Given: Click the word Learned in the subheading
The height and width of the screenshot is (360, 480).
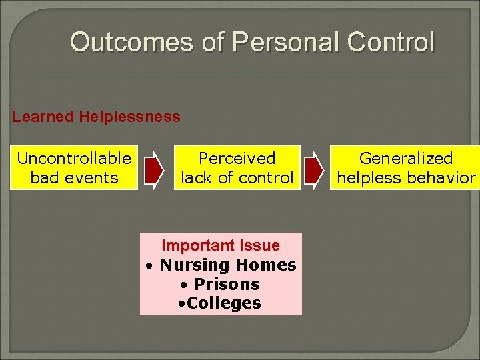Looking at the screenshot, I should tap(43, 117).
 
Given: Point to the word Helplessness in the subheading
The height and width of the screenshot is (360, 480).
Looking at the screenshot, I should tap(129, 117).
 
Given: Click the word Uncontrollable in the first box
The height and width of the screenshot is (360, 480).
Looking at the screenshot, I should tap(74, 159).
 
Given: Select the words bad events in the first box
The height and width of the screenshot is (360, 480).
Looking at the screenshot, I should tap(74, 178).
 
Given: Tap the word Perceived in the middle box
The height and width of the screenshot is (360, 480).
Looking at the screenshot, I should tap(237, 159).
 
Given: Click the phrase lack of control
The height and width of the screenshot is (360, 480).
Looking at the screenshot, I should tap(237, 178).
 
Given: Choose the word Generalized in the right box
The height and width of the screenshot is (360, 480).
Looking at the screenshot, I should tap(406, 159).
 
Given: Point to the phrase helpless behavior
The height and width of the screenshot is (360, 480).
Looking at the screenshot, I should tap(406, 178).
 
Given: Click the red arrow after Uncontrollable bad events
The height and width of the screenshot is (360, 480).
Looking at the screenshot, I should tap(153, 167).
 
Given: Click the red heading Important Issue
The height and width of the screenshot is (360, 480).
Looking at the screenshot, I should tap(221, 245).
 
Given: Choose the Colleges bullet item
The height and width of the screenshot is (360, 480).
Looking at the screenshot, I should tap(224, 303).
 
